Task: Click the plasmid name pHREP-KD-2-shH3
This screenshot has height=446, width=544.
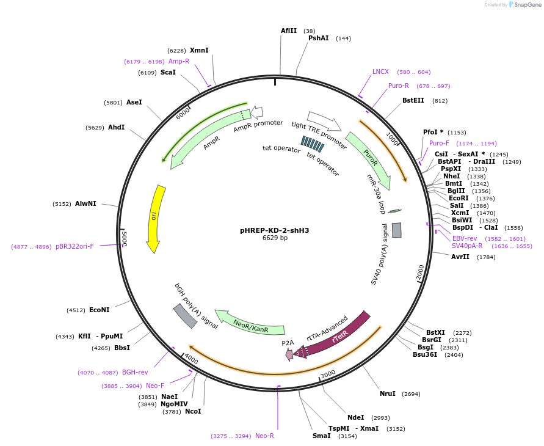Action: pyautogui.click(x=274, y=230)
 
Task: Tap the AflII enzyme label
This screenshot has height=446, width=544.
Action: pyautogui.click(x=289, y=31)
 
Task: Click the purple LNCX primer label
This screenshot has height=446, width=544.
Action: pyautogui.click(x=380, y=71)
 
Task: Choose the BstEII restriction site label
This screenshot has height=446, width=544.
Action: pyautogui.click(x=413, y=101)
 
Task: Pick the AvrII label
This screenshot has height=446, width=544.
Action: pyautogui.click(x=460, y=257)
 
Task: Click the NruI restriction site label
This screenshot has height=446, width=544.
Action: pyautogui.click(x=388, y=393)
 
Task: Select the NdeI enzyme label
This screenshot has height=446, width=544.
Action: pyautogui.click(x=355, y=417)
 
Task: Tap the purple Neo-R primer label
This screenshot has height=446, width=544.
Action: pyautogui.click(x=264, y=436)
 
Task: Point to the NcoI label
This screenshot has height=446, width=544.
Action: pyautogui.click(x=193, y=411)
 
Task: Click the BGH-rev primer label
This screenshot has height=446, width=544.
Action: pyautogui.click(x=135, y=372)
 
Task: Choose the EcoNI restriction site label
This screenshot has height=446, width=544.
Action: pyautogui.click(x=99, y=310)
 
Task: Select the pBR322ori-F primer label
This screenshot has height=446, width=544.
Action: pyautogui.click(x=74, y=246)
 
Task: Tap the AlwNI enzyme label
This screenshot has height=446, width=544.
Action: pyautogui.click(x=85, y=203)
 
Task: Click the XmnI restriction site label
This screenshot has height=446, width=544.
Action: pyautogui.click(x=199, y=50)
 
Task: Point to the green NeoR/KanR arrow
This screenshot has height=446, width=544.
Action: pyautogui.click(x=251, y=321)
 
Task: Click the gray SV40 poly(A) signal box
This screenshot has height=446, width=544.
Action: pyautogui.click(x=396, y=230)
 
